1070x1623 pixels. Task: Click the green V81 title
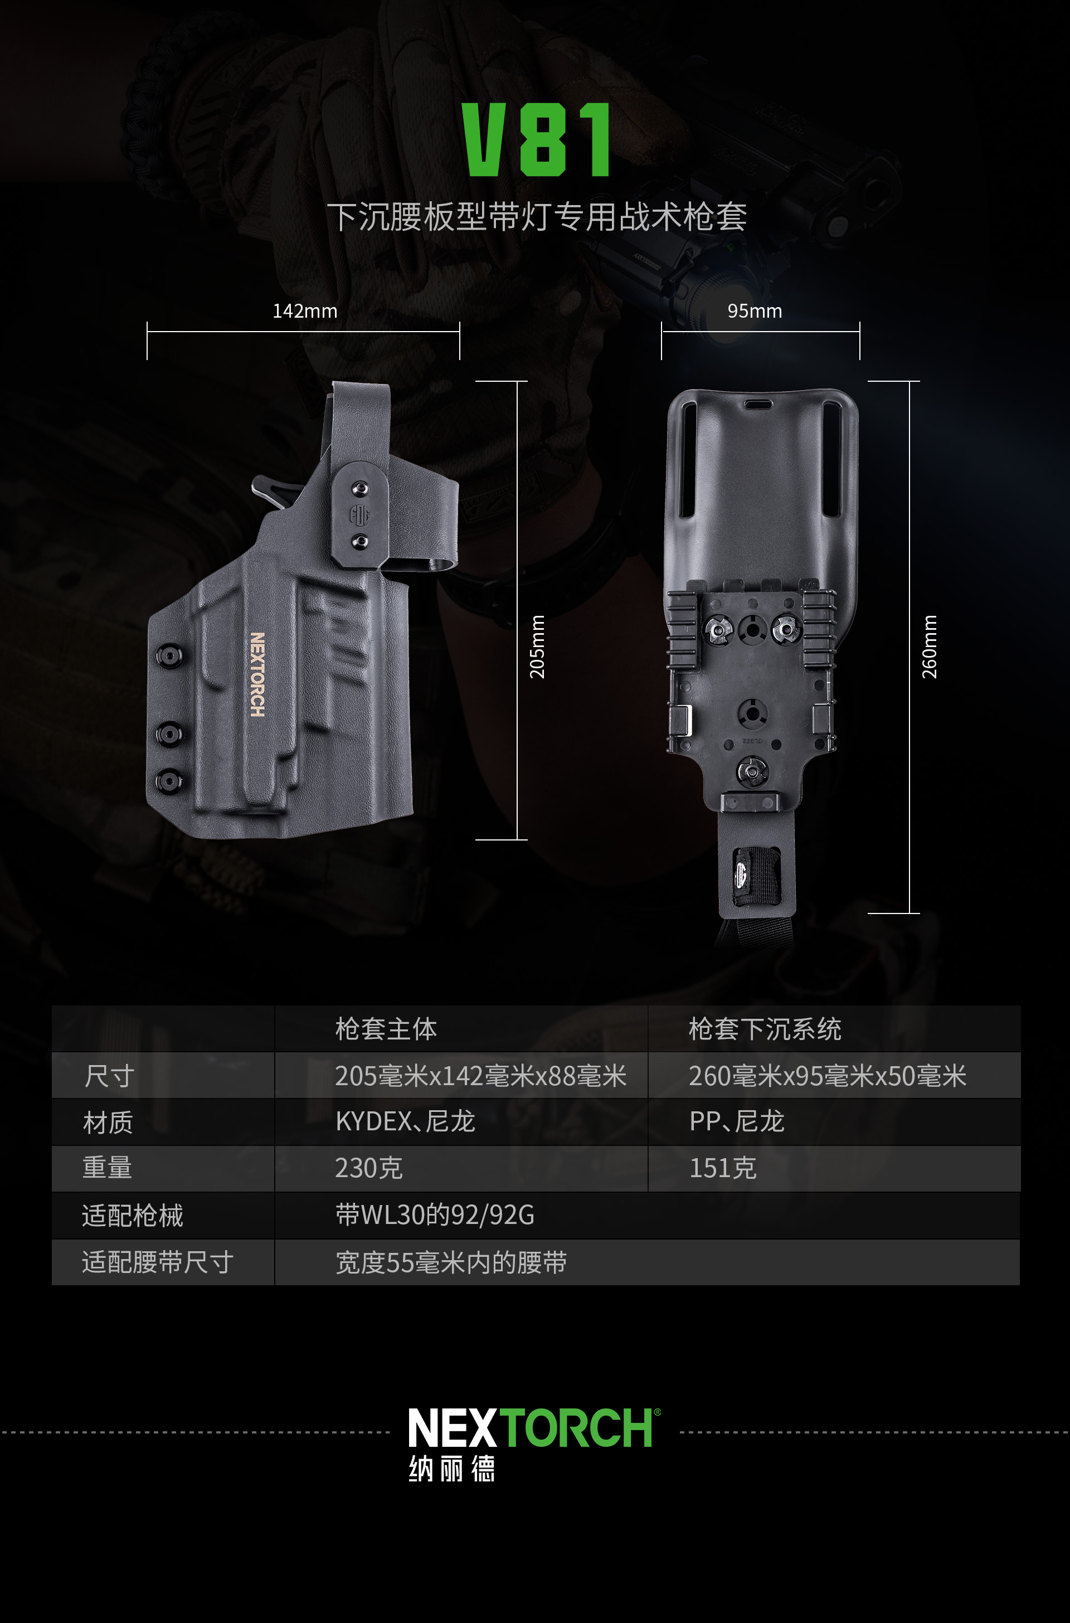coord(536,140)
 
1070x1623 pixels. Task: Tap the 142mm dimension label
coord(305,311)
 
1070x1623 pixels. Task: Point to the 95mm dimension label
coord(755,311)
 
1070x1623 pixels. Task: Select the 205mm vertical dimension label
coord(538,647)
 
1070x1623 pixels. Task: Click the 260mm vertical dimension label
coord(930,647)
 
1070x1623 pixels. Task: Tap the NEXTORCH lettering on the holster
coord(257,674)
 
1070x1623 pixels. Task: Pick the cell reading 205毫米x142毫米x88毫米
coord(480,1076)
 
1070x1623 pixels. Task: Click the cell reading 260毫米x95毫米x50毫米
coord(828,1076)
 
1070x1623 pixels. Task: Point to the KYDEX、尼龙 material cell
coord(405,1121)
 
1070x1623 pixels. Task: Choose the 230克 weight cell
coord(368,1168)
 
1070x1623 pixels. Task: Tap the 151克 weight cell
coord(723,1168)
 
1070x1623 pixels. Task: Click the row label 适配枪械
coord(133,1216)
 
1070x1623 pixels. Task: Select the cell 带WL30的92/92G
coord(435,1216)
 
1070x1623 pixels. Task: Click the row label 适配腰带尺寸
coord(158,1262)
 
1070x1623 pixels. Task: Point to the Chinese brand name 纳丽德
coord(452,1469)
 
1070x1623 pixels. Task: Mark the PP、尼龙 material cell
coord(737,1121)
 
